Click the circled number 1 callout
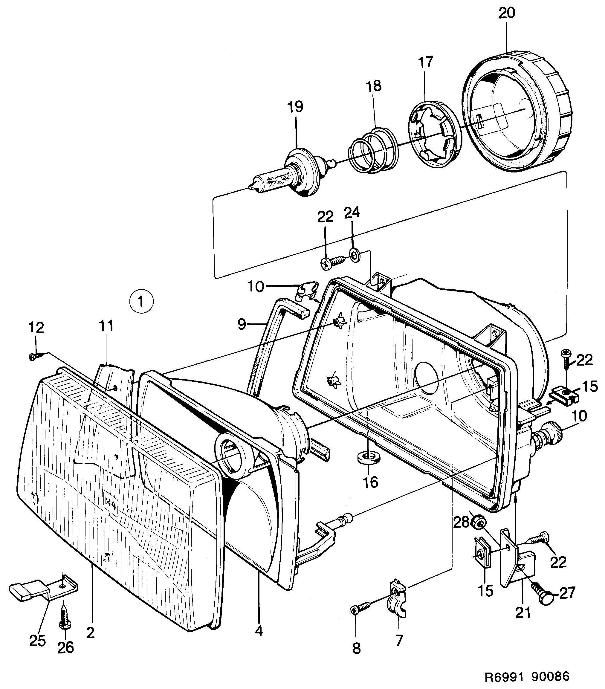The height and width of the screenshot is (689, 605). click(x=141, y=302)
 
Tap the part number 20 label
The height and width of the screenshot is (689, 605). click(x=507, y=13)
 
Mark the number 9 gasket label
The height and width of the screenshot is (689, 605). click(x=241, y=324)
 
